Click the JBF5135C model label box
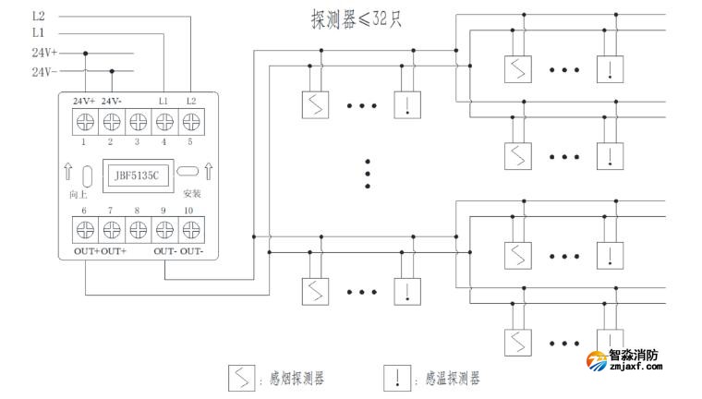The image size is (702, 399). [136, 173]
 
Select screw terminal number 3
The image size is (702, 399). [138, 120]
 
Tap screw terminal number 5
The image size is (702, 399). [191, 120]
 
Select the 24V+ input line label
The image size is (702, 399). [44, 53]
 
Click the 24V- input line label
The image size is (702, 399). [44, 70]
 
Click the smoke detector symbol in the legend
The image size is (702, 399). [243, 379]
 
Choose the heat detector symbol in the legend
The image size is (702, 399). [398, 379]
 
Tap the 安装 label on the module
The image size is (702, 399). [191, 195]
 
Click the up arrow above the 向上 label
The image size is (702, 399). [68, 172]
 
